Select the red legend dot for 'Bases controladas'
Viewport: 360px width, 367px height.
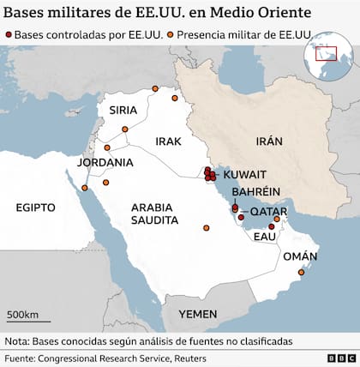click(x=9, y=34)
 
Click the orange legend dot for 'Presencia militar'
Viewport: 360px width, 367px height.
click(x=171, y=34)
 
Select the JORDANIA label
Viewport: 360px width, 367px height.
click(x=105, y=162)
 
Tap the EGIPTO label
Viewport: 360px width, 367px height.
click(x=35, y=208)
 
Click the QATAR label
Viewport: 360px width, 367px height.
click(x=269, y=211)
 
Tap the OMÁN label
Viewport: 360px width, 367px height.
click(x=300, y=256)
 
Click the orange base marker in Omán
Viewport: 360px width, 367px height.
click(x=299, y=272)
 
